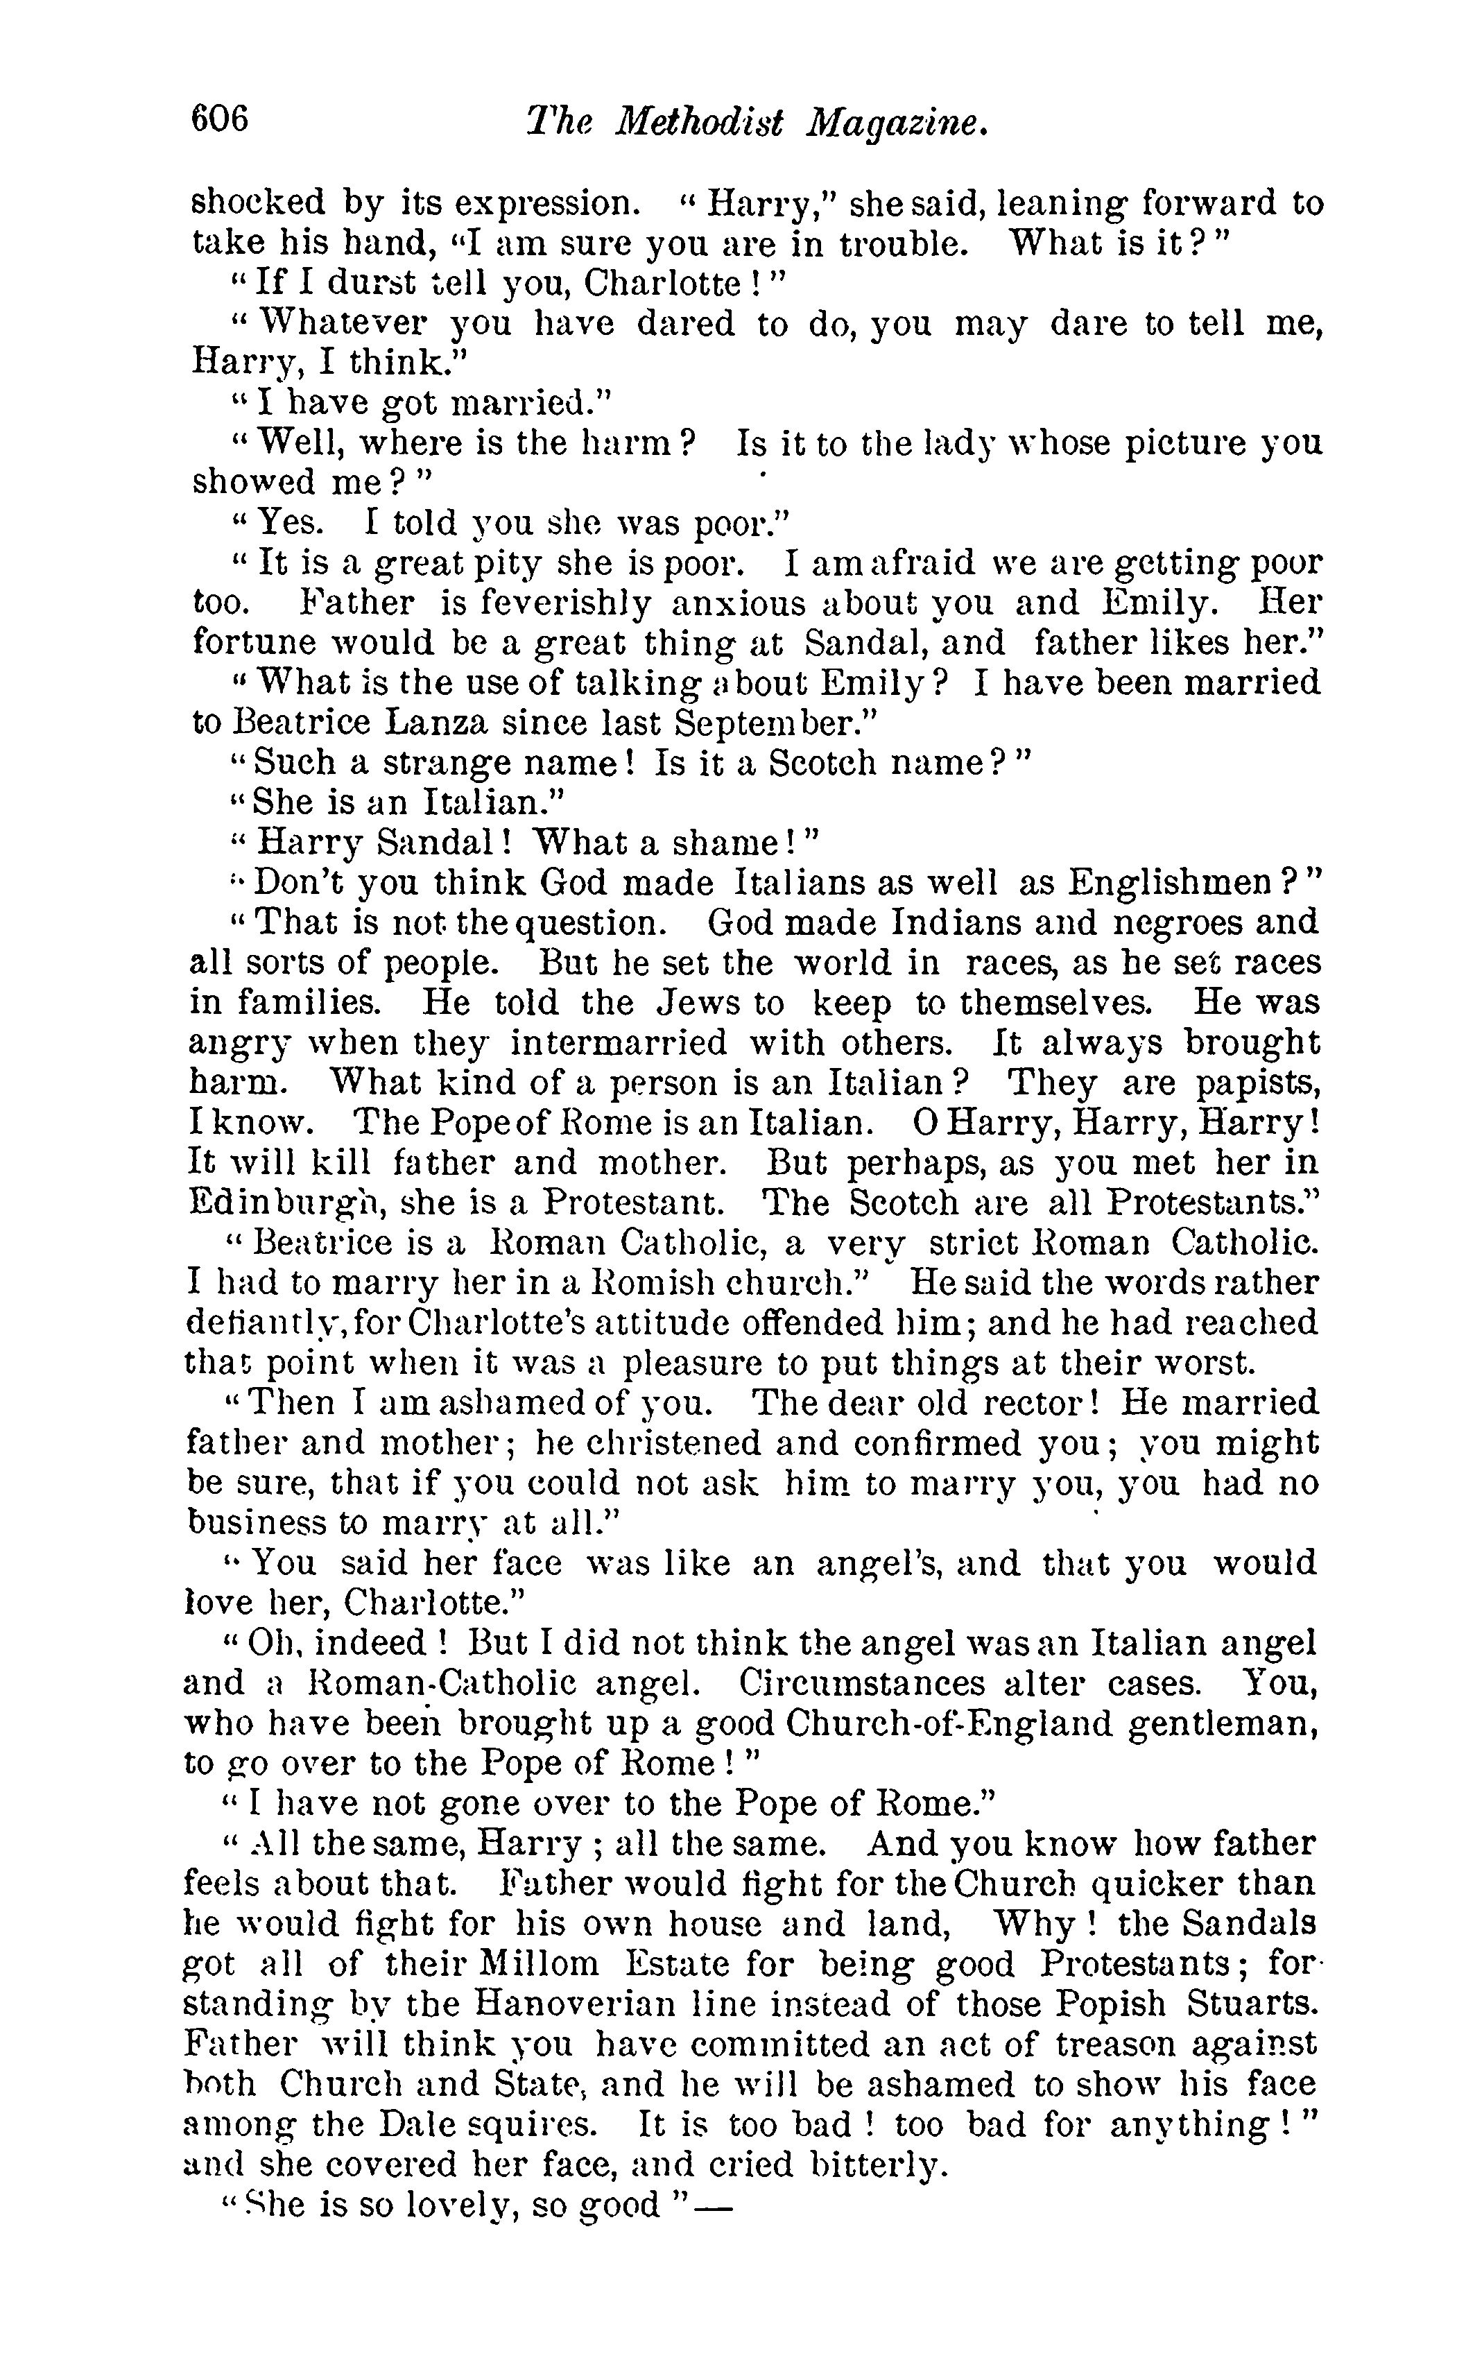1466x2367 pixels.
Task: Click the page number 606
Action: click(221, 119)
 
